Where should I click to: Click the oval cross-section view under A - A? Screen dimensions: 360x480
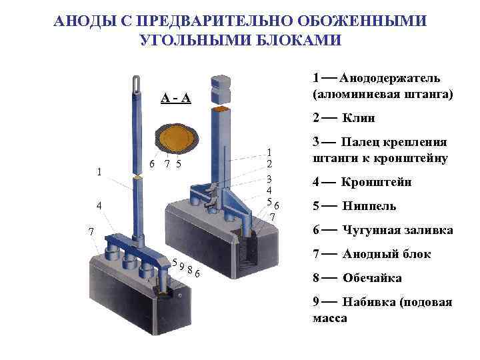tap(177, 137)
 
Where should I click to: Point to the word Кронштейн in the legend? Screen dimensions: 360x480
tap(377, 182)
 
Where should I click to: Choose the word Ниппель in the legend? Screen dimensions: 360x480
tap(369, 206)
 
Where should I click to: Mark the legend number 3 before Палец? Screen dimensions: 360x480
tap(316, 142)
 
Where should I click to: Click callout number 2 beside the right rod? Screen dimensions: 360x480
tap(269, 163)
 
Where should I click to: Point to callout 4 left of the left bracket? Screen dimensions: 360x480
tap(99, 205)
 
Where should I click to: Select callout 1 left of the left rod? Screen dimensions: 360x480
tap(99, 171)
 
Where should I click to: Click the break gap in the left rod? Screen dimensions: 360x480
tap(137, 177)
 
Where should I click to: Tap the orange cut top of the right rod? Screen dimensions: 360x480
tap(221, 108)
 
